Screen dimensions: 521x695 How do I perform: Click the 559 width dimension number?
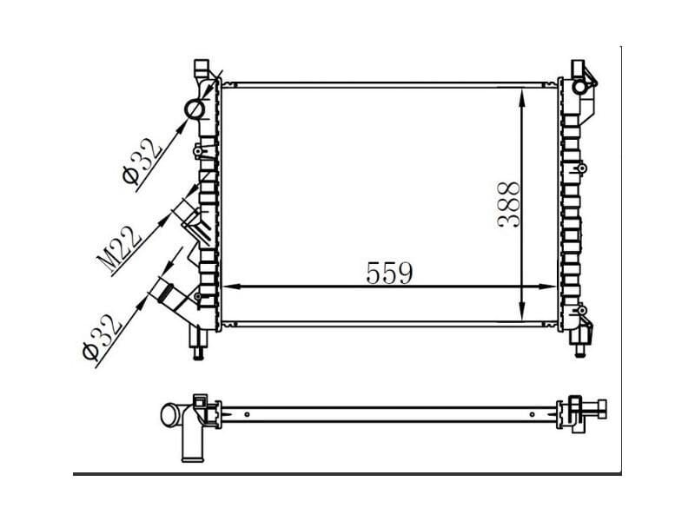tap(388, 273)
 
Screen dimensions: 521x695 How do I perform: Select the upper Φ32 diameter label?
tap(142, 162)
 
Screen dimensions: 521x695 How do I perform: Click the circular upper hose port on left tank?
tap(195, 110)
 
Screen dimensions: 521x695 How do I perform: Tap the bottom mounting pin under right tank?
tap(577, 349)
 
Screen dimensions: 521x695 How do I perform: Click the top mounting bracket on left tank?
tap(202, 67)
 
